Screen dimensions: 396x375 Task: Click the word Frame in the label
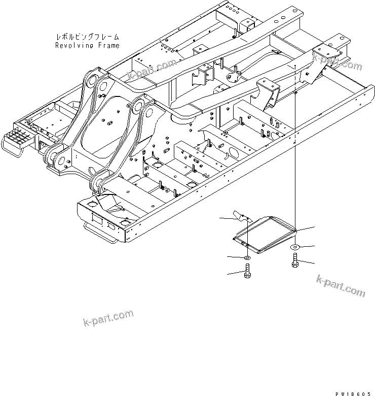point(109,45)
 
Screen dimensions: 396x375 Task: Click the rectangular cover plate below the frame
point(264,233)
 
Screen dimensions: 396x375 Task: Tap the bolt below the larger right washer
point(295,262)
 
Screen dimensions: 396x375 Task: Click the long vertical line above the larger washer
point(295,152)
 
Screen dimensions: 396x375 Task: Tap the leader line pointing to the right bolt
point(307,263)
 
